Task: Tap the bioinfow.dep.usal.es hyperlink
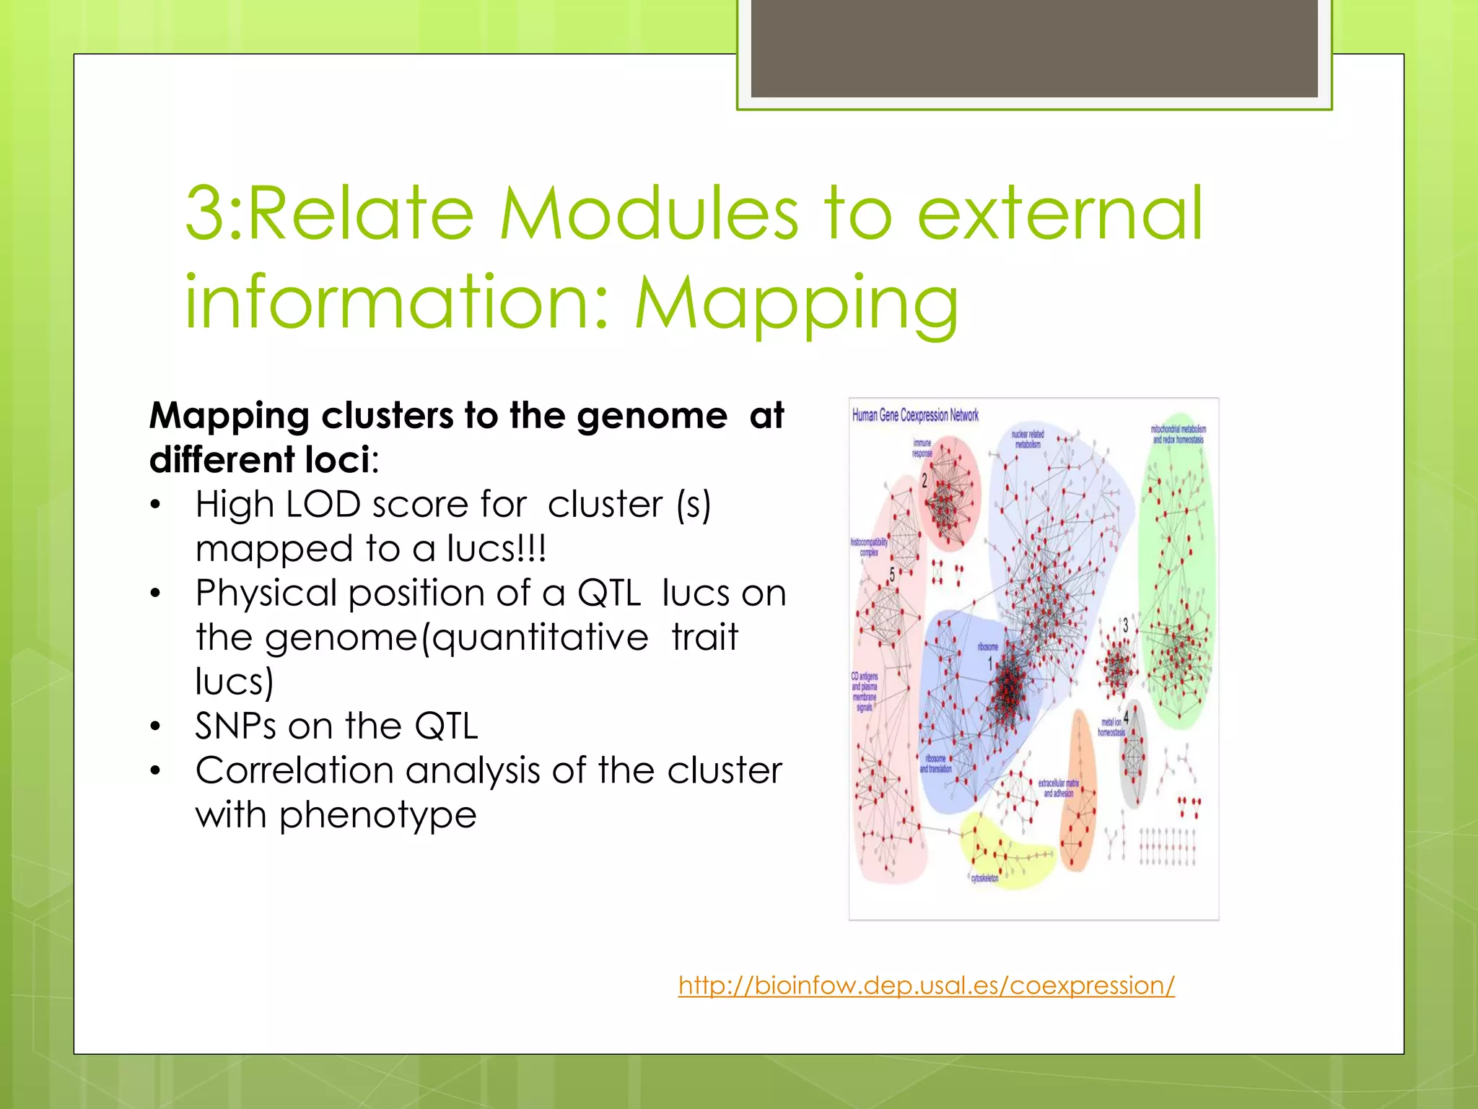(926, 985)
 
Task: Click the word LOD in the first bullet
(323, 504)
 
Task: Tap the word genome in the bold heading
(652, 416)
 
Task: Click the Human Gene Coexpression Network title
(915, 415)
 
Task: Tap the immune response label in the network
(922, 448)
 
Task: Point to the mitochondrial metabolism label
(1178, 434)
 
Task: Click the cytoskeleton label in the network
(984, 878)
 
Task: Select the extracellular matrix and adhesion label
(1058, 788)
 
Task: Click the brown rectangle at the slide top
(1034, 48)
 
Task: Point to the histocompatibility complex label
(869, 547)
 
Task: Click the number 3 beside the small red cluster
(1124, 625)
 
